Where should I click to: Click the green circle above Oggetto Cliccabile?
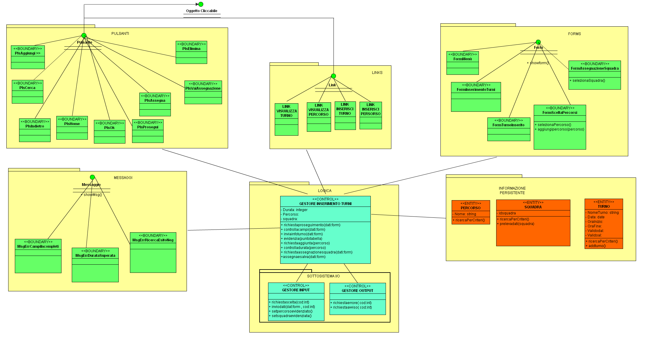pos(201,4)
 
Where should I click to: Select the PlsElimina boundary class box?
pos(191,52)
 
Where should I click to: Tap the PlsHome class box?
pos(72,127)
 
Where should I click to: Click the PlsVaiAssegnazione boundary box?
pos(203,92)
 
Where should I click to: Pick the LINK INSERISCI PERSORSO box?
pos(370,115)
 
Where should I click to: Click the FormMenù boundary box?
pos(463,63)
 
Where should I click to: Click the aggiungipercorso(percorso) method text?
pos(561,129)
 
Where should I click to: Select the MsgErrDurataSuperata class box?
pos(95,265)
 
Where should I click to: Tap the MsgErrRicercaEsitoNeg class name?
pos(153,240)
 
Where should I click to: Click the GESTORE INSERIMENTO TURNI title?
pos(325,204)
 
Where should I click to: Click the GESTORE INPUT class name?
pos(296,290)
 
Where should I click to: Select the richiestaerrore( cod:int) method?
pos(352,303)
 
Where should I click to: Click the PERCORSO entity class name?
pos(470,208)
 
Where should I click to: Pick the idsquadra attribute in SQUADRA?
pos(507,213)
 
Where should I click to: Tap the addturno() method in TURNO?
pos(597,246)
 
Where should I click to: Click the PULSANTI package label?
pos(120,34)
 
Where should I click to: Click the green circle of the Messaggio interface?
pos(92,177)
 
